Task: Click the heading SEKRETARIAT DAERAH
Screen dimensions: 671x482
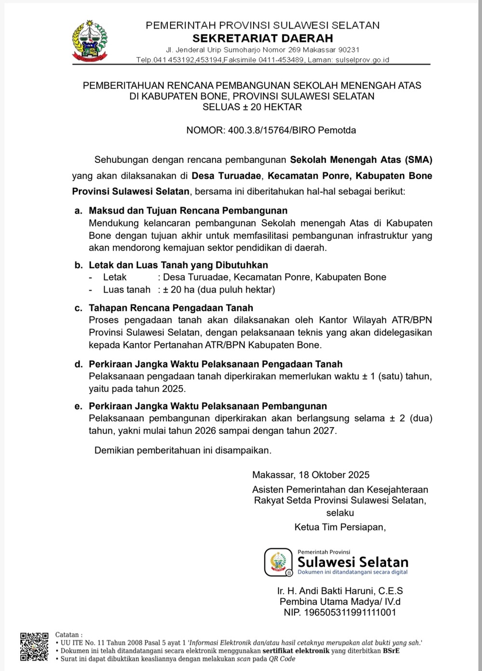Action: (263, 38)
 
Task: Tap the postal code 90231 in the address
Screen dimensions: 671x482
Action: (349, 50)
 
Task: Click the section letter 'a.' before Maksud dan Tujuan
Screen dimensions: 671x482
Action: (78, 211)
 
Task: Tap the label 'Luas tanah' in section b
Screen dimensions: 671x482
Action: (127, 290)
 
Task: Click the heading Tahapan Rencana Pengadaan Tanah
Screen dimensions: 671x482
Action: (171, 308)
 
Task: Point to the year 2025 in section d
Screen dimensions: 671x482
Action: (173, 389)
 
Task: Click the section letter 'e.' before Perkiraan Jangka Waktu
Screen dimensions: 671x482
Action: (78, 406)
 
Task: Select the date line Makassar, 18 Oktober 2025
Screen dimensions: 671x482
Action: (311, 475)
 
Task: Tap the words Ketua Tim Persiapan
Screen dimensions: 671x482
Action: (339, 527)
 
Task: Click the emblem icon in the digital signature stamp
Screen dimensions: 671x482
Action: (279, 562)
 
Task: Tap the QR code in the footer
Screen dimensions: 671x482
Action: (34, 646)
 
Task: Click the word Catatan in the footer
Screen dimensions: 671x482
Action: (68, 635)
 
